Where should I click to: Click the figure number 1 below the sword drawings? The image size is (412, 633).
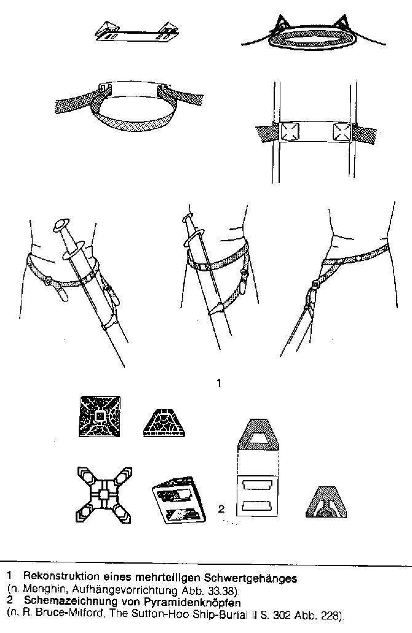(x=219, y=383)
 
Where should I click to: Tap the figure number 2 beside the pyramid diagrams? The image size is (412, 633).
(x=221, y=508)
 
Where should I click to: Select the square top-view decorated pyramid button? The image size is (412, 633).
(x=100, y=416)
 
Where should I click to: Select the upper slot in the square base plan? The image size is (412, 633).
(x=258, y=484)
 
